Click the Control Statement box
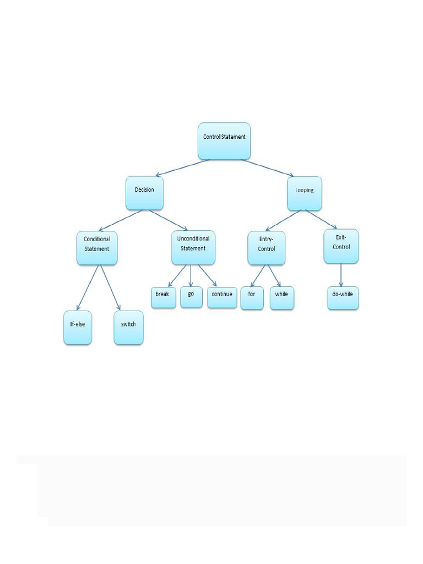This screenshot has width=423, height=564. tap(224, 140)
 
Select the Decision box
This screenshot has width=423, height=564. tap(144, 192)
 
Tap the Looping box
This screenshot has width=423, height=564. tap(304, 193)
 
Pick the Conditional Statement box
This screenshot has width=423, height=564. tap(97, 247)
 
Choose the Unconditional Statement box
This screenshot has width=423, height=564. tap(193, 247)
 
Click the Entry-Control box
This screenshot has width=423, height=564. tap(267, 247)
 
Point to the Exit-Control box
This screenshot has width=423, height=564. tap(341, 245)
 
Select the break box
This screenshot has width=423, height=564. tap(162, 297)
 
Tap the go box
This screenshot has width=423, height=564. tap(191, 296)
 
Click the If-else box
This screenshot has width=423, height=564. tap(78, 328)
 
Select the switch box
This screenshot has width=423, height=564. tap(128, 328)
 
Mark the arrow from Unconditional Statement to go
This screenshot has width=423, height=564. tap(191, 275)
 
